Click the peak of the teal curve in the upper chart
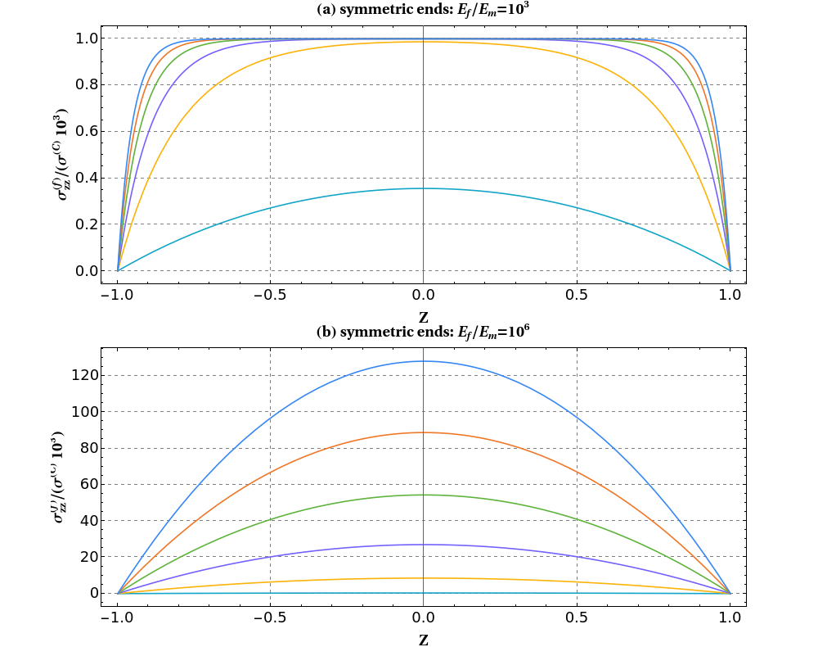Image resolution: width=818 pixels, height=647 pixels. point(423,188)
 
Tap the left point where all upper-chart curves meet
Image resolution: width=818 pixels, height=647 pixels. point(119,270)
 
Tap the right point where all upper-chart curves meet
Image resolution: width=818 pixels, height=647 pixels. point(730,270)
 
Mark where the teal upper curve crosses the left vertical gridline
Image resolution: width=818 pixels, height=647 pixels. point(271,208)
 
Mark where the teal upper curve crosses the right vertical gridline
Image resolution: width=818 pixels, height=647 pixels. point(577,208)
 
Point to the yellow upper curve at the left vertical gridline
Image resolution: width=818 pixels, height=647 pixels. point(271,57)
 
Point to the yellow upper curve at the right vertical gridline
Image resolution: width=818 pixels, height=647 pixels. point(577,57)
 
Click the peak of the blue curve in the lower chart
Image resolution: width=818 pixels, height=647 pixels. point(423,361)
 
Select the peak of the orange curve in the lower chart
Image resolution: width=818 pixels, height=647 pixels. point(423,432)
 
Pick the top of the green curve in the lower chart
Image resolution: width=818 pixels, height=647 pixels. point(423,495)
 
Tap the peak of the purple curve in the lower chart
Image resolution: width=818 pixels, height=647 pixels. point(423,545)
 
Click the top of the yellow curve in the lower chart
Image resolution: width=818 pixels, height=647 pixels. point(423,578)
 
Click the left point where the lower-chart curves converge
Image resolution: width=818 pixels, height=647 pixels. point(119,593)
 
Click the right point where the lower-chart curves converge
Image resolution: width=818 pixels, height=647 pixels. point(730,593)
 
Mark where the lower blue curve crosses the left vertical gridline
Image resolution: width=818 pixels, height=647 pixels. point(271,419)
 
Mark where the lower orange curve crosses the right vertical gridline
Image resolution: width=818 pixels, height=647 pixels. point(577,473)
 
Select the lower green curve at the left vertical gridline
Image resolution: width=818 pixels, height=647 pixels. point(271,519)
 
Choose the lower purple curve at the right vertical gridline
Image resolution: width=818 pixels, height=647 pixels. point(577,557)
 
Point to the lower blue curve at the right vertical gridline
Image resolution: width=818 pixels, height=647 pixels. point(577,419)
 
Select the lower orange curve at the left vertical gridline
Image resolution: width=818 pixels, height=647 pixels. point(271,473)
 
